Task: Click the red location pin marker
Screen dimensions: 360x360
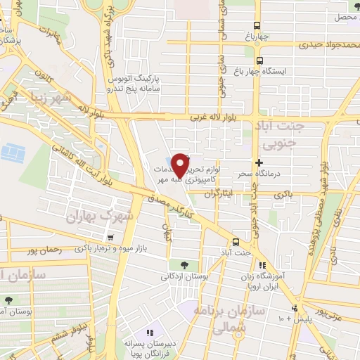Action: pyautogui.click(x=181, y=165)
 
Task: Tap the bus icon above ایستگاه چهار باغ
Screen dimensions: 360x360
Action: pyautogui.click(x=259, y=61)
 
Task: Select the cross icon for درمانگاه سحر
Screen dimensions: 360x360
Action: pyautogui.click(x=259, y=162)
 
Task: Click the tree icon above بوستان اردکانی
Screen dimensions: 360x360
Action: pyautogui.click(x=184, y=265)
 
